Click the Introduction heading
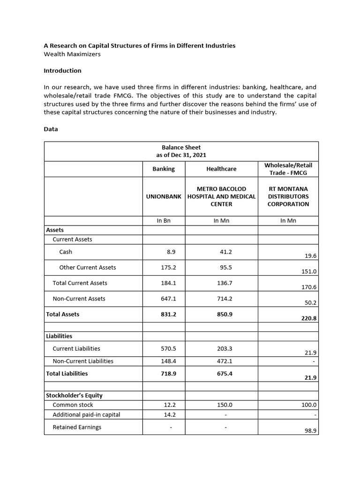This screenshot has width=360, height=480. (62, 71)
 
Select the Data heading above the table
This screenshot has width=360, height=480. (51, 129)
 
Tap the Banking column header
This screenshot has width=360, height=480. (163, 169)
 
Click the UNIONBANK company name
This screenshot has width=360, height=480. (163, 196)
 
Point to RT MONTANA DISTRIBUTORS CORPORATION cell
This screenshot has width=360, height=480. (288, 196)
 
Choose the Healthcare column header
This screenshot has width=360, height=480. (221, 169)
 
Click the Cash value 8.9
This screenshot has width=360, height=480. (171, 252)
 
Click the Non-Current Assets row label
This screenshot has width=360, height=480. (79, 299)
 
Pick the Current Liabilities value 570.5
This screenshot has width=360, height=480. (168, 348)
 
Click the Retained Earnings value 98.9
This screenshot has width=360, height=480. (310, 430)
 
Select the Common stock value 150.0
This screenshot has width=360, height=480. (225, 405)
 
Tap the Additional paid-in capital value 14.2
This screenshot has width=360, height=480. (169, 414)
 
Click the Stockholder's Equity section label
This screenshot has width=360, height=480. (74, 395)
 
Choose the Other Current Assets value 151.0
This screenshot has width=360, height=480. (310, 271)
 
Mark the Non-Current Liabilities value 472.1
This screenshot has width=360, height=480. (225, 361)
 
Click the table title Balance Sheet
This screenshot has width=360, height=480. (181, 147)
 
